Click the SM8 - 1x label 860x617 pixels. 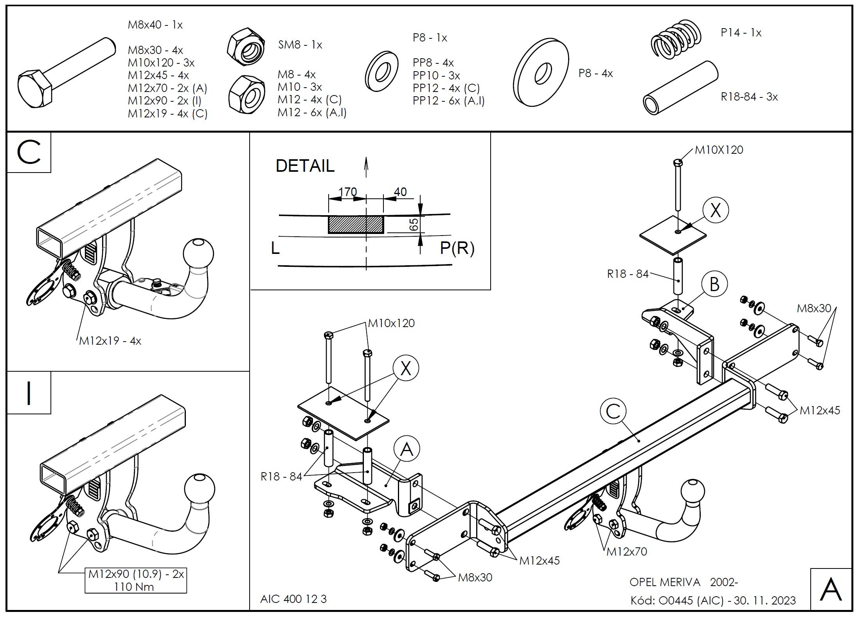pos(300,45)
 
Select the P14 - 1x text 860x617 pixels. pos(741,33)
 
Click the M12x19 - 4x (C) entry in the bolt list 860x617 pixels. pos(167,113)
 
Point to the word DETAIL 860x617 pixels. pos(305,166)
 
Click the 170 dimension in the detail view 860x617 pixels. pos(347,192)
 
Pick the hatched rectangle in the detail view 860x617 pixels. pos(355,225)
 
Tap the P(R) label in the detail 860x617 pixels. pos(457,248)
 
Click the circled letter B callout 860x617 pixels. pos(714,284)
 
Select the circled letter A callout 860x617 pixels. pos(407,449)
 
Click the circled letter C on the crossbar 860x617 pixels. pos(613,411)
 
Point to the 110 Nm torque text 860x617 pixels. pos(134,587)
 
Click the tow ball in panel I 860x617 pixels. pos(199,487)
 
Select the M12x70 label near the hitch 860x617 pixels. pos(627,552)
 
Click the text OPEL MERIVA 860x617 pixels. pos(665,582)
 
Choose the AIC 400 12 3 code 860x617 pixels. pos(293,599)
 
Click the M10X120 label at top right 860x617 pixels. pos(719,150)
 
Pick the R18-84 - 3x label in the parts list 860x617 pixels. pos(749,97)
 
